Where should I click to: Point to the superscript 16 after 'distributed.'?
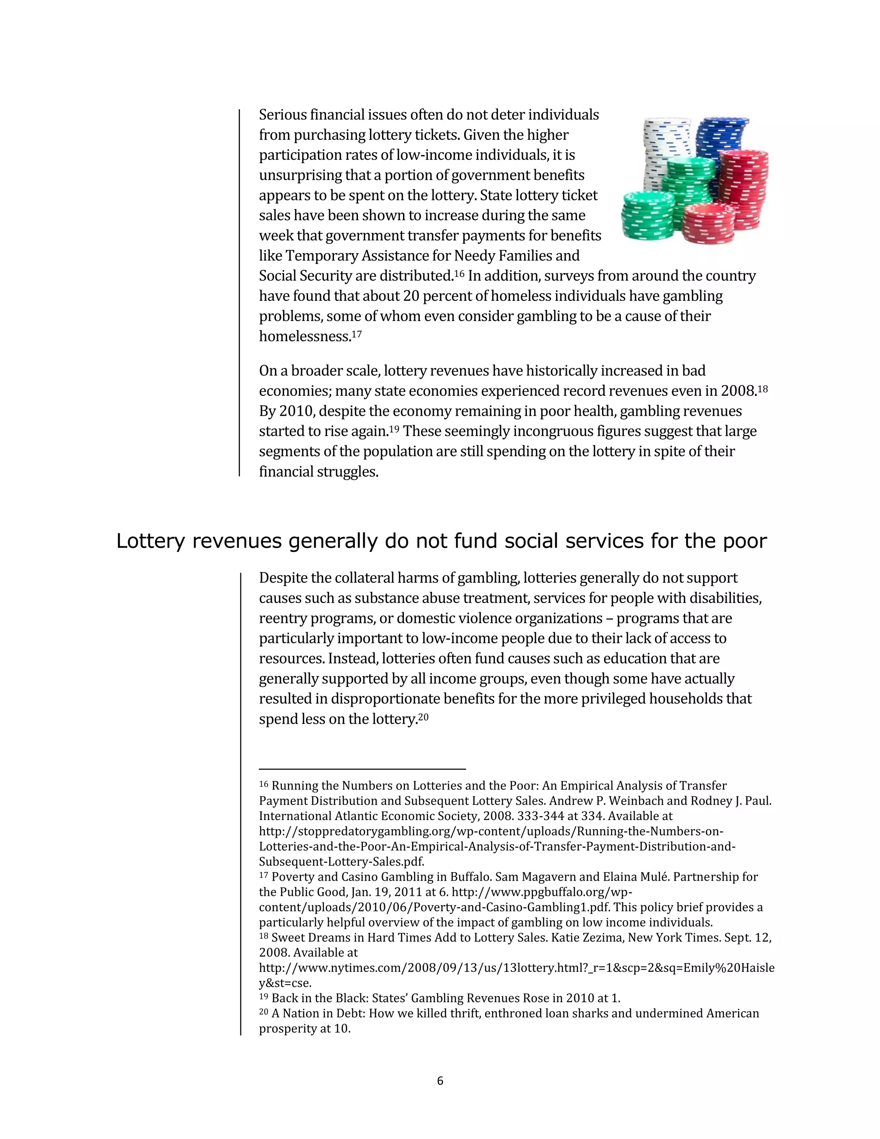(x=459, y=273)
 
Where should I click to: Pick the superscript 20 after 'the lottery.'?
(x=423, y=716)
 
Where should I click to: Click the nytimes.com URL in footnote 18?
(x=516, y=968)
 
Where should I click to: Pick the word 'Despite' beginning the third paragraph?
(x=284, y=578)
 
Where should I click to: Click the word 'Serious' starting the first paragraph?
(x=283, y=115)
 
